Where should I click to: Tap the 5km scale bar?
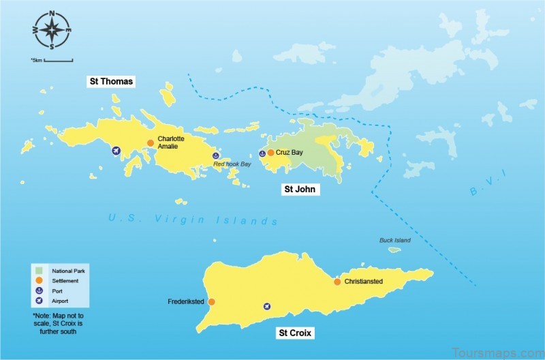pyautogui.click(x=59, y=61)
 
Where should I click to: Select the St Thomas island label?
pyautogui.click(x=111, y=81)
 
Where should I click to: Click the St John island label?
pyautogui.click(x=299, y=189)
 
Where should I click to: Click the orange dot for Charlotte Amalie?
pyautogui.click(x=151, y=142)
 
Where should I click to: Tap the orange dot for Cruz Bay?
pyautogui.click(x=270, y=153)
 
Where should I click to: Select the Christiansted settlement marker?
pyautogui.click(x=337, y=282)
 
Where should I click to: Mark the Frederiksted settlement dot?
pyautogui.click(x=211, y=301)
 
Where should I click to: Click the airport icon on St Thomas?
pyautogui.click(x=116, y=151)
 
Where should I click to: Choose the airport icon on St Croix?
pyautogui.click(x=267, y=307)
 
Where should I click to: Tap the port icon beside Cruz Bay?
pyautogui.click(x=262, y=153)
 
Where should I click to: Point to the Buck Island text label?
pyautogui.click(x=395, y=240)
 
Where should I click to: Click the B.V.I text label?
pyautogui.click(x=488, y=184)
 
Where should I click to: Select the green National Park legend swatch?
pyautogui.click(x=40, y=271)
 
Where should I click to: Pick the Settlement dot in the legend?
pyautogui.click(x=40, y=280)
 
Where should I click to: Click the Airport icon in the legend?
pyautogui.click(x=40, y=300)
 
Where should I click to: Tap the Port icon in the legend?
pyautogui.click(x=40, y=290)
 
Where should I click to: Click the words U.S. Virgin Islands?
pyautogui.click(x=193, y=220)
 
